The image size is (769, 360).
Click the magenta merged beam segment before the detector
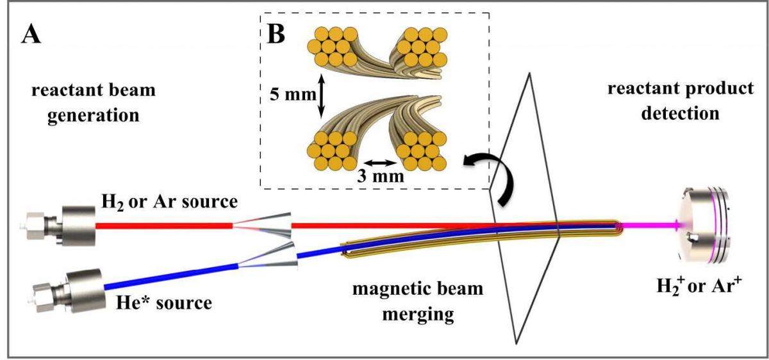(x=647, y=225)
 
